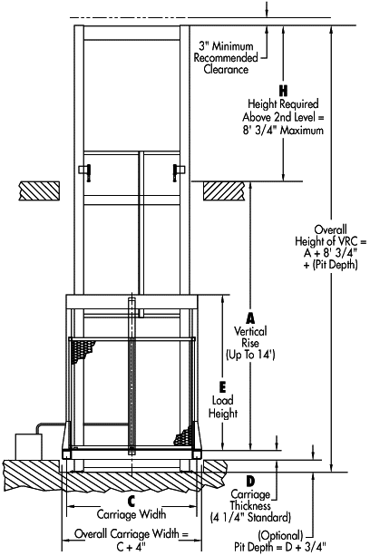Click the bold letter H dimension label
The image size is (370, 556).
click(283, 91)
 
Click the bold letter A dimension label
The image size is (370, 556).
click(250, 318)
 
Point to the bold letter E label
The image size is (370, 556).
click(222, 387)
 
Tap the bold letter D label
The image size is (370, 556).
click(250, 482)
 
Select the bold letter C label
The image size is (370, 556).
click(131, 502)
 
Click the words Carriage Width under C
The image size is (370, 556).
click(131, 513)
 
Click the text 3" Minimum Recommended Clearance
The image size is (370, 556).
click(226, 57)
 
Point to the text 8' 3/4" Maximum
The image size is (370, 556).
click(283, 130)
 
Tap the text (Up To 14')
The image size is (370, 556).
click(250, 355)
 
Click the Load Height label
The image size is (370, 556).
click(222, 407)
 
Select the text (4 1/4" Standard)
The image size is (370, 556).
click(250, 517)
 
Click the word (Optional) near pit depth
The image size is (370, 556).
click(280, 535)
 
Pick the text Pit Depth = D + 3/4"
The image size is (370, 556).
click(280, 546)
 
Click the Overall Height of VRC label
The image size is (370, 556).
click(331, 247)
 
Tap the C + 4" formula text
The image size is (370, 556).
click(131, 547)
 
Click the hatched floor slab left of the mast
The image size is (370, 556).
click(39, 190)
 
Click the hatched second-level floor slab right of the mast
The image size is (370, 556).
click(224, 191)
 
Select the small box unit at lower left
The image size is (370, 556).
click(28, 446)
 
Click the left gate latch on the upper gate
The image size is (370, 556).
click(85, 172)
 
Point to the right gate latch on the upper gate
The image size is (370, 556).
click(179, 172)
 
